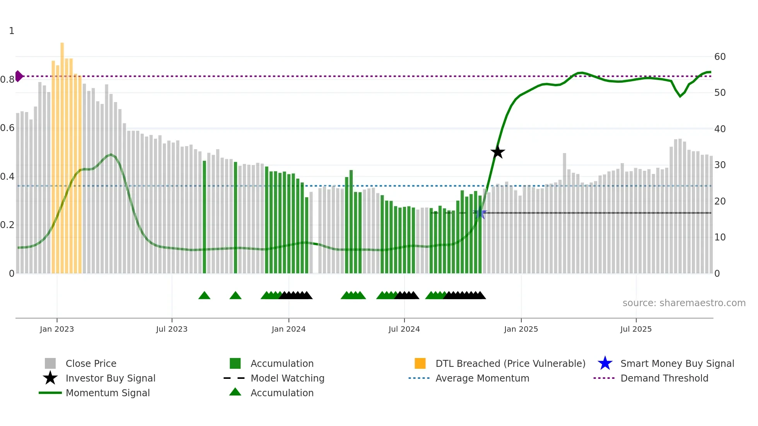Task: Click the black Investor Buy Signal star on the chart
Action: click(x=498, y=152)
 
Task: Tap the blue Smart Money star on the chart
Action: click(x=480, y=213)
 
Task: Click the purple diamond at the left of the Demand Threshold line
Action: click(x=19, y=76)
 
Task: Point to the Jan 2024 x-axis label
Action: click(x=289, y=329)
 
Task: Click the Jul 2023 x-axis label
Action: click(x=172, y=329)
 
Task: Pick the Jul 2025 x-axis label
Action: click(x=636, y=329)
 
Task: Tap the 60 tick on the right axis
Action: click(x=720, y=57)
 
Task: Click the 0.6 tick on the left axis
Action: click(x=7, y=128)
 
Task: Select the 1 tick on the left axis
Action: click(x=12, y=31)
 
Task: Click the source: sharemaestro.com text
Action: click(x=684, y=303)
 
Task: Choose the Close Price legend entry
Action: click(x=91, y=363)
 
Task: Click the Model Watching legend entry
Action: click(x=287, y=378)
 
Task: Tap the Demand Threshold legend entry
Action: click(x=664, y=378)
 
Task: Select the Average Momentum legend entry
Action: click(x=482, y=378)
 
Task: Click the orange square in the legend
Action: click(x=420, y=363)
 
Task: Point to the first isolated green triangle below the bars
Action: click(x=204, y=296)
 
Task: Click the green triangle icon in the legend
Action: click(x=235, y=392)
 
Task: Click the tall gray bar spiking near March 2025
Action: click(x=564, y=213)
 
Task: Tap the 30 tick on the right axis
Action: click(x=720, y=165)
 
